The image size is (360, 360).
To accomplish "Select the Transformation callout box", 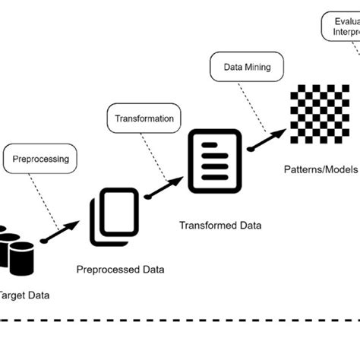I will (143, 118).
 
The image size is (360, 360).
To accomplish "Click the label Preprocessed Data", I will (120, 269).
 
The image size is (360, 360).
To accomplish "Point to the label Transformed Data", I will (220, 226).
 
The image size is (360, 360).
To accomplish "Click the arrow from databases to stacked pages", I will (61, 232).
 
